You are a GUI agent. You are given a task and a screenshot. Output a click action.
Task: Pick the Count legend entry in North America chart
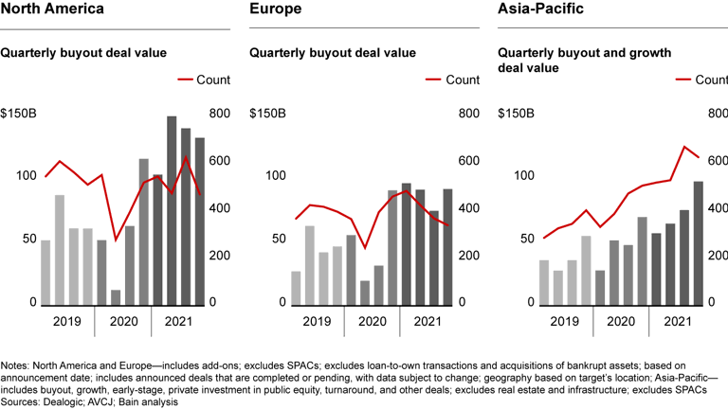click(x=214, y=80)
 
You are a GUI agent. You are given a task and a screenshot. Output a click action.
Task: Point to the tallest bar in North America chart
click(x=172, y=210)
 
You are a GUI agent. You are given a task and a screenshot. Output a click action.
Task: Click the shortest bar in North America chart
click(x=116, y=297)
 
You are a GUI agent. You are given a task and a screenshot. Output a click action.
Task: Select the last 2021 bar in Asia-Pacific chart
click(x=699, y=243)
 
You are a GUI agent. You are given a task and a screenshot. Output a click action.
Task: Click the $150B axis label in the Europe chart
click(x=268, y=115)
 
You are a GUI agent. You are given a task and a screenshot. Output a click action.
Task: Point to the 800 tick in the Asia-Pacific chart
click(x=715, y=115)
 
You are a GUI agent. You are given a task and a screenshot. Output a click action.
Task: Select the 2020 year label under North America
click(x=122, y=321)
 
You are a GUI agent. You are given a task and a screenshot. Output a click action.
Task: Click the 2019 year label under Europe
click(x=318, y=321)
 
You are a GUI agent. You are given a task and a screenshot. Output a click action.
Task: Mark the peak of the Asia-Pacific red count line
click(x=684, y=147)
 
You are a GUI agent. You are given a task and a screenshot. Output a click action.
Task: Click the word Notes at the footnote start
click(x=14, y=364)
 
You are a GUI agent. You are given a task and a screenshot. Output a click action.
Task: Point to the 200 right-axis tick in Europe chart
click(x=469, y=256)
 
